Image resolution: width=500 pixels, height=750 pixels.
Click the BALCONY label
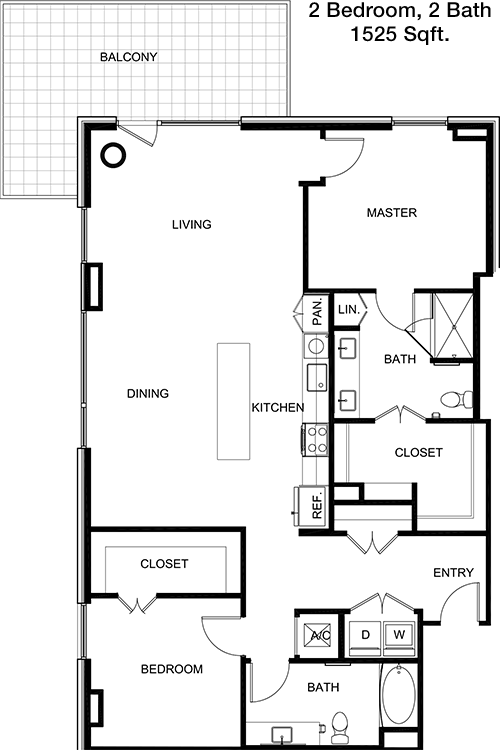coord(128,57)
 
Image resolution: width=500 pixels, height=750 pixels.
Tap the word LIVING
coord(192,224)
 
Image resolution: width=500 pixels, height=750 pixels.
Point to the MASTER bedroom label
coord(392,212)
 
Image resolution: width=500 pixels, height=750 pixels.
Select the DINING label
coord(148,393)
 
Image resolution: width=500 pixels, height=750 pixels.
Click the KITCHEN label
coord(278,408)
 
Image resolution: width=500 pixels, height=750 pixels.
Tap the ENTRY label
coord(454,573)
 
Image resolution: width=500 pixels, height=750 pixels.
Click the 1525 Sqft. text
coord(400,34)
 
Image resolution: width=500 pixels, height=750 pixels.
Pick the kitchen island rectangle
coord(233,401)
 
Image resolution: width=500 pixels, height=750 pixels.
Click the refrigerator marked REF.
coord(311,506)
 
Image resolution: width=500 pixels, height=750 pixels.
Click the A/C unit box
coord(319,636)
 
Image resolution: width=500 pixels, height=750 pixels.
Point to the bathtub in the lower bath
coord(399,696)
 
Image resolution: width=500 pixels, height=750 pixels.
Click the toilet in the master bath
coord(456,399)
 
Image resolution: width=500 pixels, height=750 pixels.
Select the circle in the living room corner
coord(113,155)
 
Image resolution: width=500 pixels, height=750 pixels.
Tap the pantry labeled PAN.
coord(316,312)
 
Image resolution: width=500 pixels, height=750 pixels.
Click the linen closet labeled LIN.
coord(350,309)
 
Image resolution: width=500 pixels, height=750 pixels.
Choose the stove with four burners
coord(315,440)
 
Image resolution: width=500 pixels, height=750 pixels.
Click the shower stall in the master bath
coord(453,326)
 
